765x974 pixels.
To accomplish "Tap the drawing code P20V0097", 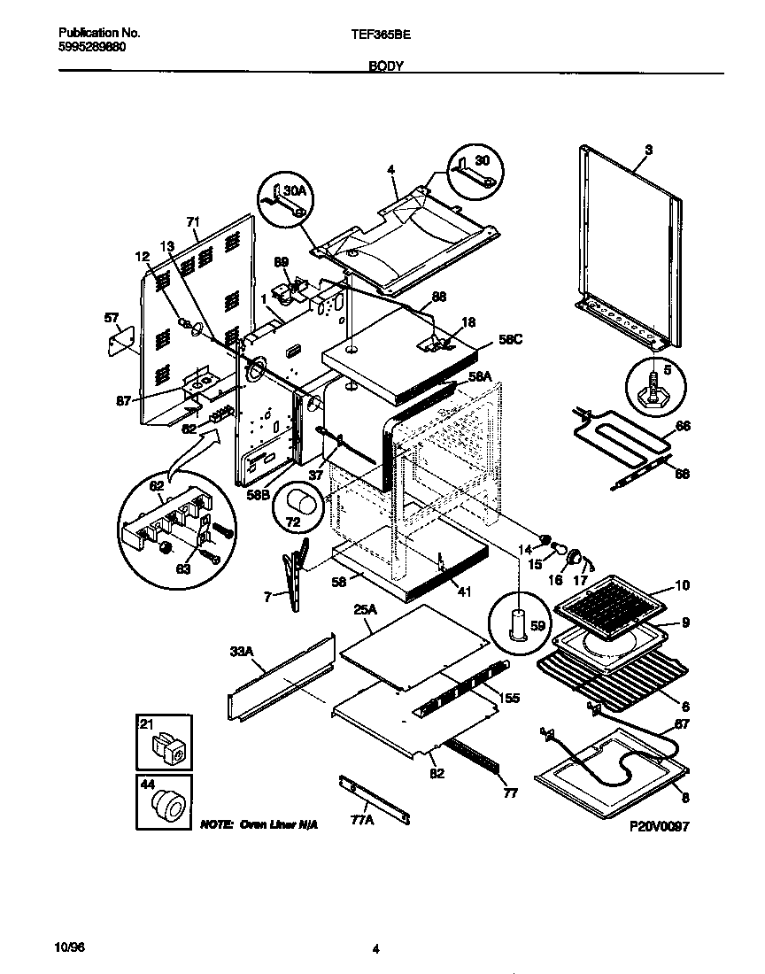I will click(659, 825).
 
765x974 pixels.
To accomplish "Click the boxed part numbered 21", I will click(163, 741).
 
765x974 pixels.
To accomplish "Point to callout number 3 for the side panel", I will click(648, 151).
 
